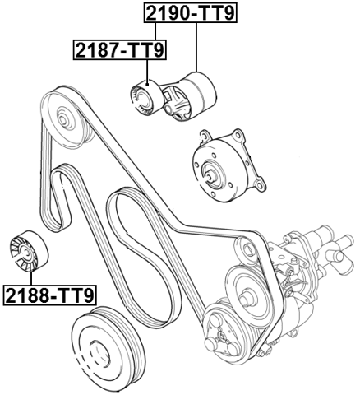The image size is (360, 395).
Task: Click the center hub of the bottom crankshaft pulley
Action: [x=103, y=355]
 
